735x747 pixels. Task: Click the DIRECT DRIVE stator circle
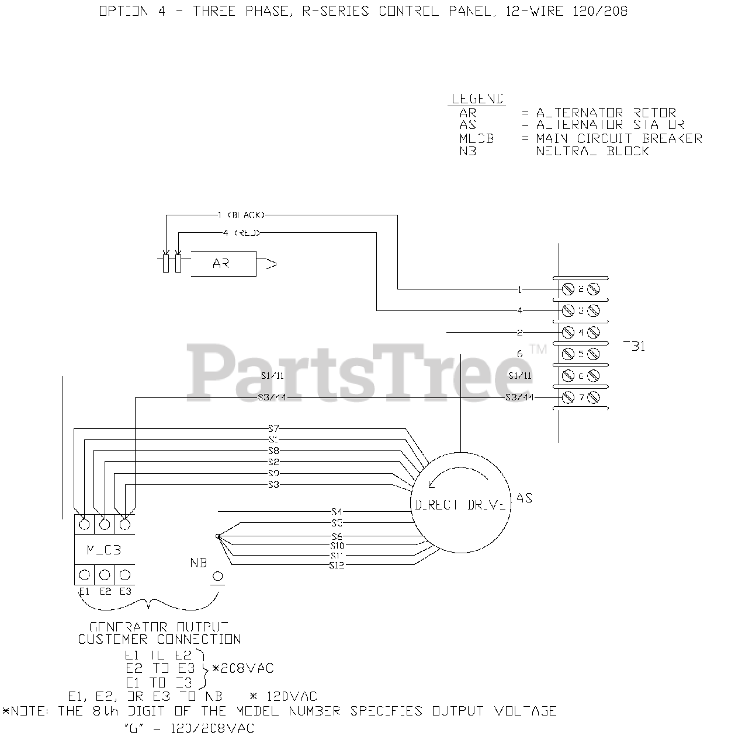click(x=460, y=503)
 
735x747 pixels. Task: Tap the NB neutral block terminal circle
click(x=217, y=577)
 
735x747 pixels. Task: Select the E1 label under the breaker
click(x=84, y=591)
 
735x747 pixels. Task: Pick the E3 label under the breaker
click(x=125, y=591)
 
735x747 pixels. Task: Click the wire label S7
click(x=273, y=429)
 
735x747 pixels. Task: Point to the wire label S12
click(x=337, y=565)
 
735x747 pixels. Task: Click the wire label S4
click(x=337, y=512)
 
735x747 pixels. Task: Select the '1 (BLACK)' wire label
click(x=241, y=215)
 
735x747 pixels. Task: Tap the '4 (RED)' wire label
click(x=241, y=233)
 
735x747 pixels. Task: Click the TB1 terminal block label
click(x=635, y=347)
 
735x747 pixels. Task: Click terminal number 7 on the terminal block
click(x=581, y=398)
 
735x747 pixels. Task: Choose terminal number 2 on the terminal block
click(x=581, y=289)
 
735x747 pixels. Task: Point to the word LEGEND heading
click(x=477, y=99)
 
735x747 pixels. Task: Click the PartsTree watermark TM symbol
click(x=538, y=350)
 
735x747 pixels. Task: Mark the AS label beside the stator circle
click(x=524, y=498)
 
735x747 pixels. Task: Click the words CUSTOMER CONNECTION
click(x=160, y=640)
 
